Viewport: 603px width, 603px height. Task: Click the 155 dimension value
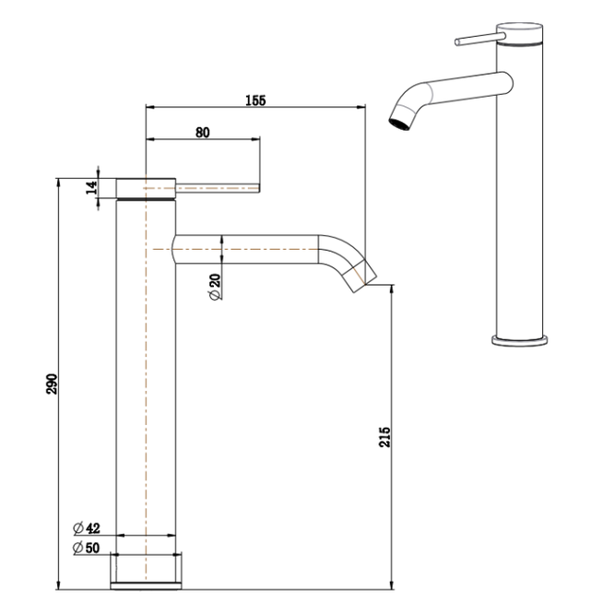click(x=256, y=101)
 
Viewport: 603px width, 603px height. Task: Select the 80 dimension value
click(x=203, y=133)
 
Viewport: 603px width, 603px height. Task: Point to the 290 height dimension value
click(x=53, y=382)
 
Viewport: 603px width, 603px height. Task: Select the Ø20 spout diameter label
click(x=214, y=289)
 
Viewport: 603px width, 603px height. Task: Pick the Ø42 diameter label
click(x=88, y=528)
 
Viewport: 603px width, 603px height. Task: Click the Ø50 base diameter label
click(x=88, y=548)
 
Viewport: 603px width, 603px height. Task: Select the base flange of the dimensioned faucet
click(x=146, y=571)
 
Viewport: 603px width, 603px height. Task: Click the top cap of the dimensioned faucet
click(x=146, y=185)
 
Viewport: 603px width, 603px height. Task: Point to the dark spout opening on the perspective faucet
click(x=399, y=123)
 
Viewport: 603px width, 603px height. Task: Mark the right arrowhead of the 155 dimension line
click(x=362, y=107)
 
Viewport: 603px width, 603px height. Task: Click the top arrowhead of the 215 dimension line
click(x=391, y=290)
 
